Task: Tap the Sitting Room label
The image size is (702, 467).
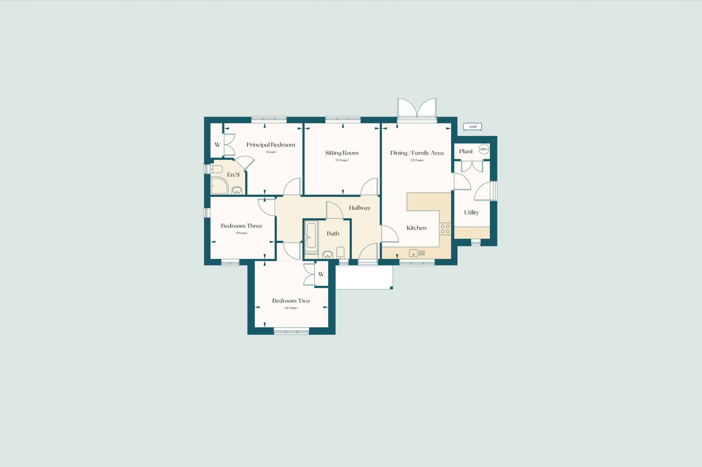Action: [341, 153]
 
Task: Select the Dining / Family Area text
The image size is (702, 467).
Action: [417, 153]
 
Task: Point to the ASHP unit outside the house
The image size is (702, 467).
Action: [472, 127]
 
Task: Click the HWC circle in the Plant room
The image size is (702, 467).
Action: [484, 149]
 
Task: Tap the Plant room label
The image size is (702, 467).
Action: [466, 151]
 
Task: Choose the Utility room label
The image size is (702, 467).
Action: [471, 213]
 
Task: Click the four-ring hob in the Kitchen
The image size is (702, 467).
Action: [445, 229]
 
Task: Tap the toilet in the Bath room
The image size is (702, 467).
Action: [341, 253]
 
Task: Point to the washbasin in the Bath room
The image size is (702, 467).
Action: [328, 255]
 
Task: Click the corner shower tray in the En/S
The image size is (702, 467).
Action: [219, 186]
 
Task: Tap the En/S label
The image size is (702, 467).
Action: [233, 175]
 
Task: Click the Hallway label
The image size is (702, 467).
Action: [360, 208]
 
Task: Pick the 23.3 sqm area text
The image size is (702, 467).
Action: [417, 160]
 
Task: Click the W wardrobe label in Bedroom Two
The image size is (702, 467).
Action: [321, 274]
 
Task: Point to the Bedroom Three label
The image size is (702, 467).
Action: [242, 226]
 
